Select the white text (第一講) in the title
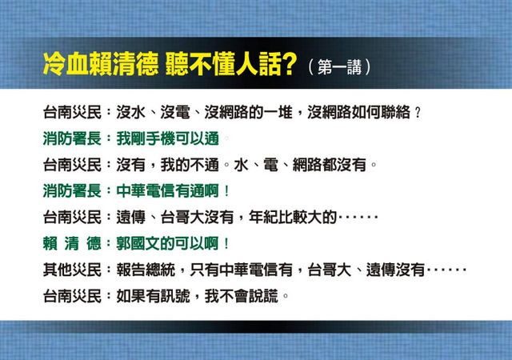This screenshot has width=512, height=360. click(x=339, y=67)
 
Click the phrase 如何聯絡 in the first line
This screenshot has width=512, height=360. click(x=381, y=112)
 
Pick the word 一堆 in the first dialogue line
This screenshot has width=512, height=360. click(x=278, y=112)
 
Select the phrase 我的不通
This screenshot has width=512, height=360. click(x=190, y=165)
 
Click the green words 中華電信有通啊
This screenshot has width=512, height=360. click(x=167, y=190)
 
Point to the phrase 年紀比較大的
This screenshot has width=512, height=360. click(x=293, y=217)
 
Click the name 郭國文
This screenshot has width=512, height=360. click(x=138, y=243)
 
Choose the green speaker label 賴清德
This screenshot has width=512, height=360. click(x=72, y=243)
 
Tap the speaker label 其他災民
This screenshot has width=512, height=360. click(x=72, y=270)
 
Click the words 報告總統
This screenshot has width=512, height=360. click(x=146, y=270)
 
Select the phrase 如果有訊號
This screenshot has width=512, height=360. click(x=153, y=296)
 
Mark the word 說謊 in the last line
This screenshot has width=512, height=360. click(x=263, y=296)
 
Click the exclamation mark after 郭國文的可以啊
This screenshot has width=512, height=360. click(x=226, y=243)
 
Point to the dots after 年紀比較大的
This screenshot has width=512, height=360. click(x=358, y=217)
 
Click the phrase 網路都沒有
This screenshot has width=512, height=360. click(x=329, y=165)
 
